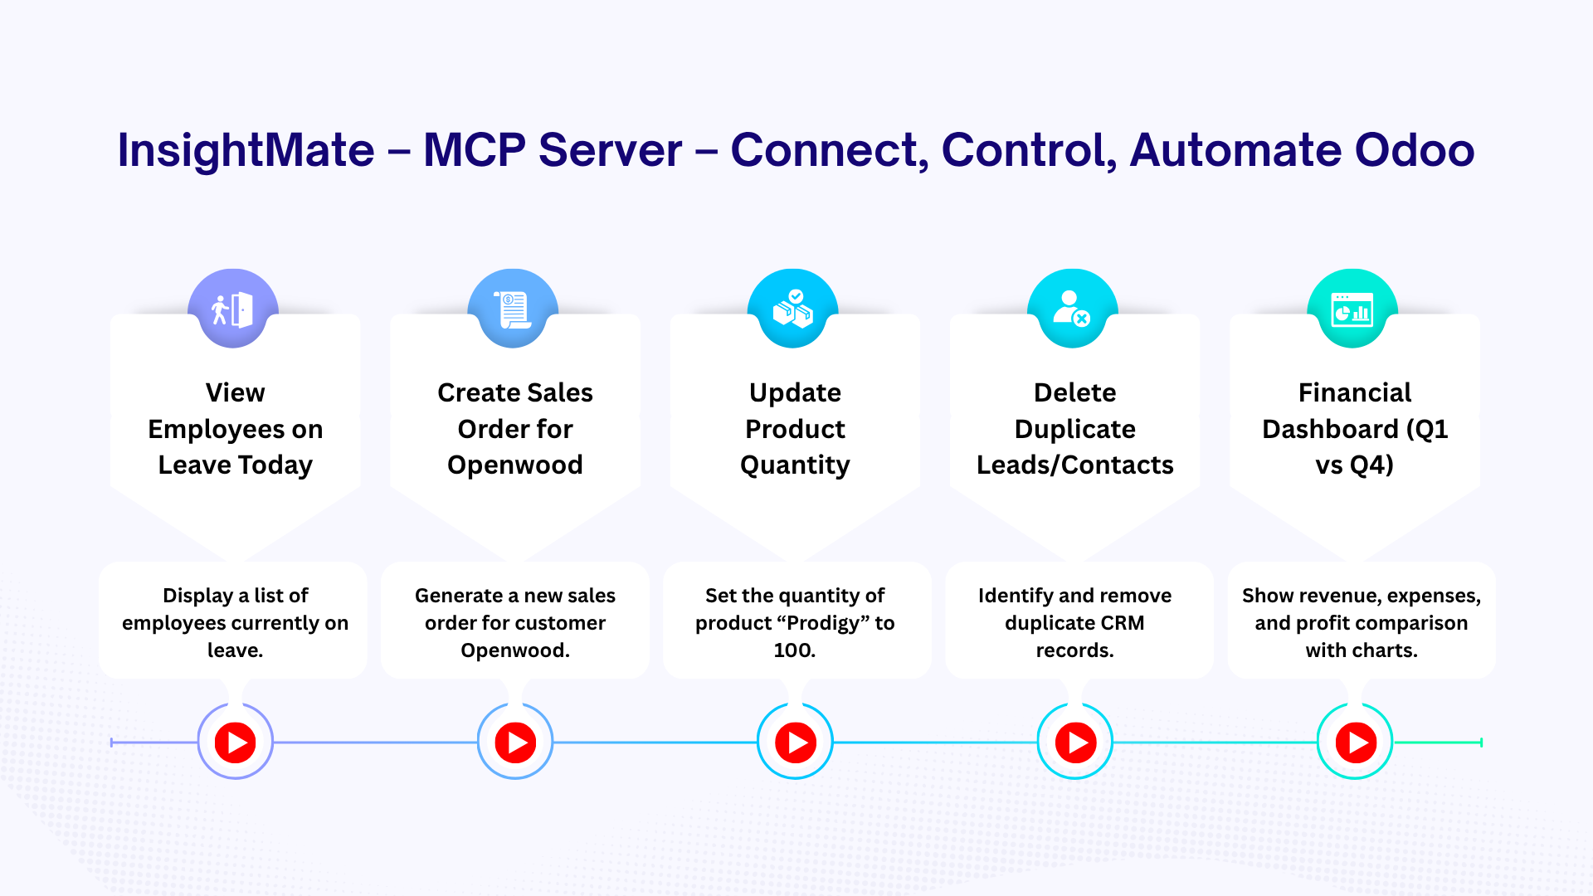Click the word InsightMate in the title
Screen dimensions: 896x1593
(246, 151)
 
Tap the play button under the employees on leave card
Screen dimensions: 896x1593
(236, 743)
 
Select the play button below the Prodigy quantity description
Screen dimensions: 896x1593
(796, 743)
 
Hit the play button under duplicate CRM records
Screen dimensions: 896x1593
(1075, 743)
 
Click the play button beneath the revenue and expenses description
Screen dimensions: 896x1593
(1356, 743)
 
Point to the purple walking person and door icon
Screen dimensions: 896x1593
(233, 309)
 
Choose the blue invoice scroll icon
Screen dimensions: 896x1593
(513, 309)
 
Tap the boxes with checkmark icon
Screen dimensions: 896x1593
(793, 309)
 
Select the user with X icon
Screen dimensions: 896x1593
(1072, 309)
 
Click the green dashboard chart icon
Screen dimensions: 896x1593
(1352, 309)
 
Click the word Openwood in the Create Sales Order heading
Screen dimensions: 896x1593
(515, 465)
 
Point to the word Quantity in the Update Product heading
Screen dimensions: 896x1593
(795, 465)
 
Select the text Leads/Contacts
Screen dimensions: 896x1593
(1075, 465)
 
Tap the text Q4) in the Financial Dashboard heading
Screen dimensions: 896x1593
(1371, 465)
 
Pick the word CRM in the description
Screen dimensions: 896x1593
(1123, 623)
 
